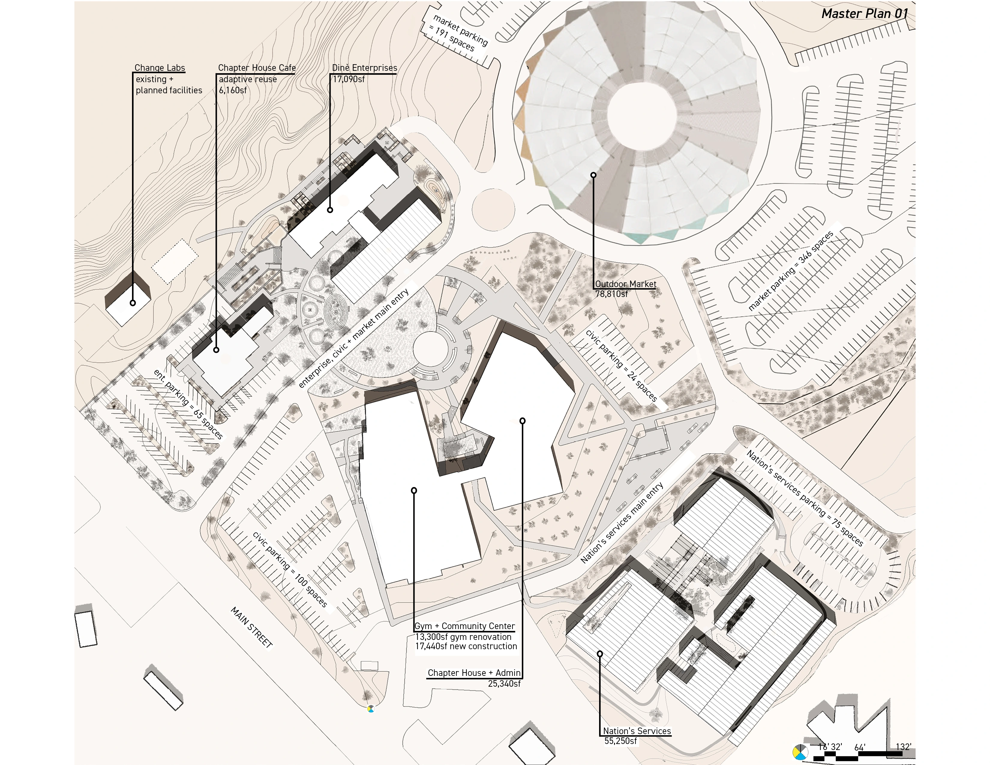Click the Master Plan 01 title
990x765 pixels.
tap(864, 13)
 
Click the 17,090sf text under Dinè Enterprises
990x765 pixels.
tap(349, 79)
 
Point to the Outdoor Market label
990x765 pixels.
tap(625, 284)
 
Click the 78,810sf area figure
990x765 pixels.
tap(611, 294)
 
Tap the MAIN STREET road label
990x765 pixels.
tap(252, 628)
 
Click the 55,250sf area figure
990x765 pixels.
tap(620, 741)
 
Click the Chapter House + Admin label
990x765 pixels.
tap(474, 673)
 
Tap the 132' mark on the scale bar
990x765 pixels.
tap(903, 747)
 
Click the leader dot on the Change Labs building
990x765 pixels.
tap(133, 303)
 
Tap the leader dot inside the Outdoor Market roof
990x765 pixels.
tap(593, 175)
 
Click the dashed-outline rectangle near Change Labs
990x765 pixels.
tap(175, 262)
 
